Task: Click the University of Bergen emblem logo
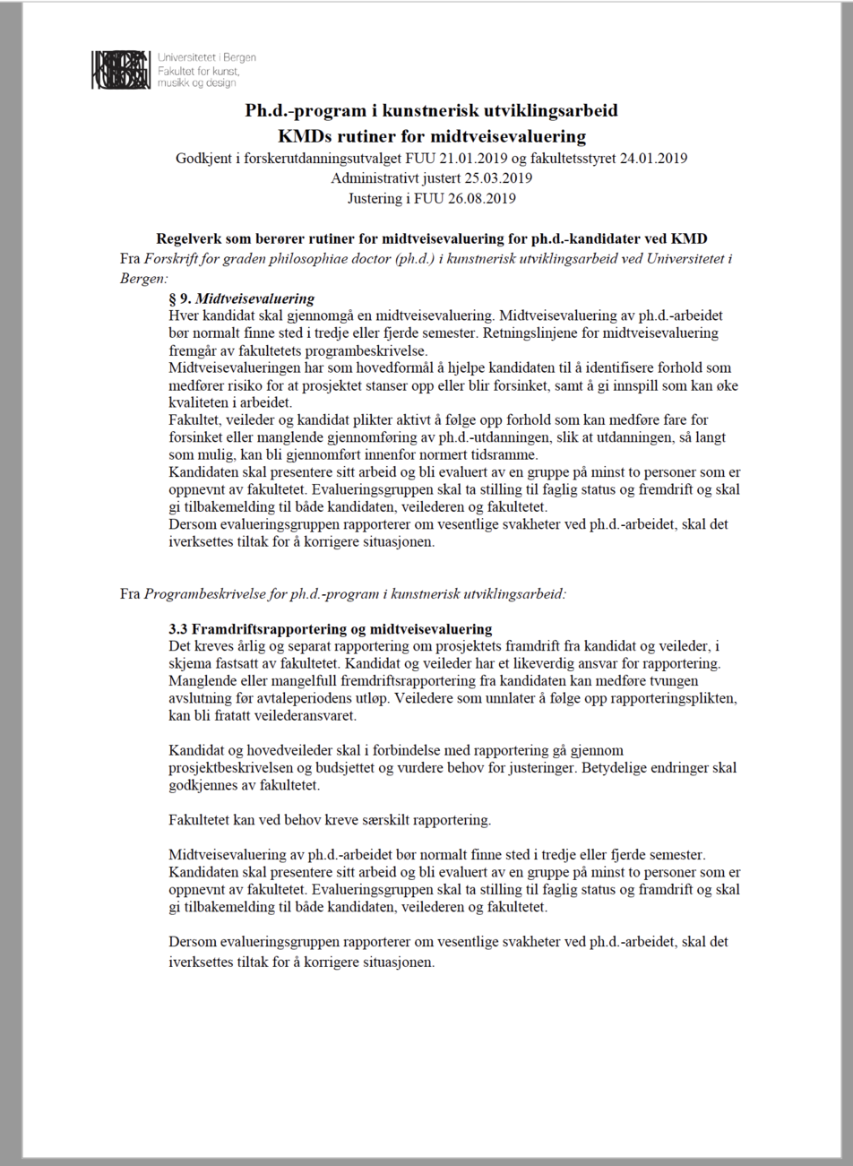pos(120,70)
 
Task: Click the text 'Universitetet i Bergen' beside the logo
pos(206,57)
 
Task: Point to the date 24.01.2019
pos(654,159)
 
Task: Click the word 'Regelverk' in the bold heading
pos(189,239)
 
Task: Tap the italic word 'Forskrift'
pos(173,260)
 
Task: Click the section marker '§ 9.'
pos(180,298)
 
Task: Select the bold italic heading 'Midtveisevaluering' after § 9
pos(255,298)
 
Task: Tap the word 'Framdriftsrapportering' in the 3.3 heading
pos(261,629)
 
